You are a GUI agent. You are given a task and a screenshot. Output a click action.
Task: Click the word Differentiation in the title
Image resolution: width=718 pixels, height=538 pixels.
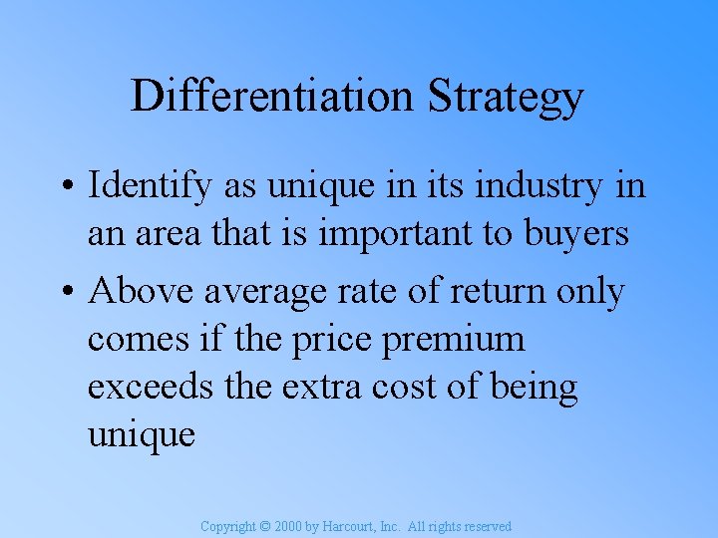[x=270, y=97]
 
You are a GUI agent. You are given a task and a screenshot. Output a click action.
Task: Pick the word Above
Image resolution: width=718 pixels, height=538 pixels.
[x=142, y=292]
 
